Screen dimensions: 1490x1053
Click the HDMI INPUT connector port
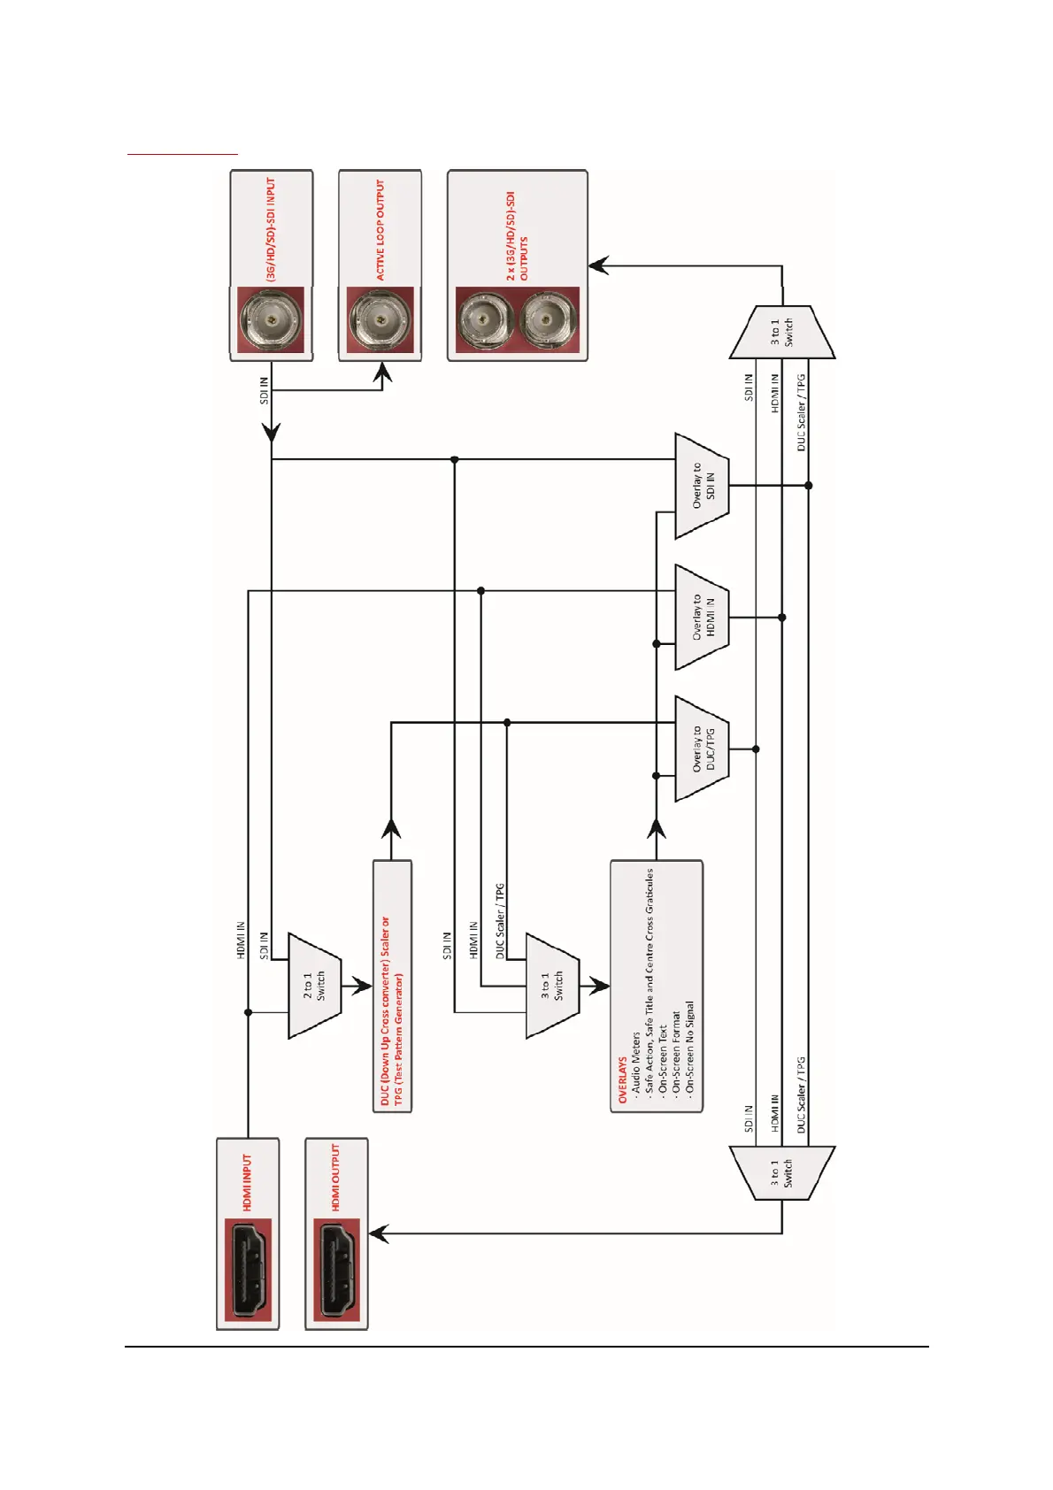(249, 1269)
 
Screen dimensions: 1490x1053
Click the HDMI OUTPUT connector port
(337, 1269)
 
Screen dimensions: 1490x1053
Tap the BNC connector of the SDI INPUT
(271, 319)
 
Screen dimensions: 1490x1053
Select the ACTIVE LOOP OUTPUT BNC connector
(380, 319)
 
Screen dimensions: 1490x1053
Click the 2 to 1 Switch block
(314, 985)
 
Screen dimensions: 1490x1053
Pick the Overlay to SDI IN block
(702, 486)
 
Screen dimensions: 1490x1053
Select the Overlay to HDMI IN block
(702, 617)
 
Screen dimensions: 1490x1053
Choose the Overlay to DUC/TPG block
(702, 749)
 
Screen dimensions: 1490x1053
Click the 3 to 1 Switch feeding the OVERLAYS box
(552, 985)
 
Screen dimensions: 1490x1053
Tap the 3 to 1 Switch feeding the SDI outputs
(782, 333)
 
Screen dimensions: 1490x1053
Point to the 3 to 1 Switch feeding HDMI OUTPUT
(782, 1173)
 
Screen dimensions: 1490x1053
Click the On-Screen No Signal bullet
(690, 1046)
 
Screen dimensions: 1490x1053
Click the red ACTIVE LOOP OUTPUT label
(380, 230)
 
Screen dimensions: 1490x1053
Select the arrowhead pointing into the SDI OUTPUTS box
(599, 265)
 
